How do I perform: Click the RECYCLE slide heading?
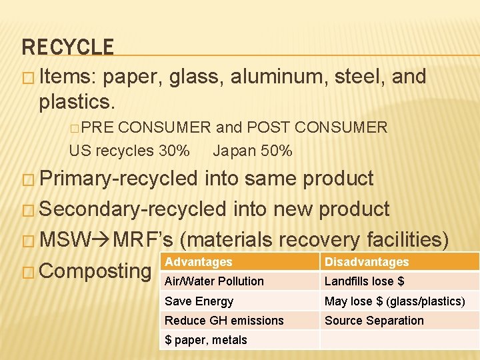point(68,47)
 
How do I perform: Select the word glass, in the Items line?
point(197,77)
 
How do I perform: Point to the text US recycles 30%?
point(129,151)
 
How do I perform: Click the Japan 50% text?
point(253,151)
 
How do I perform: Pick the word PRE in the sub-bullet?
point(100,127)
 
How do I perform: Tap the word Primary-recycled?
point(119,179)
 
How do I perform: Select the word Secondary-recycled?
point(133,209)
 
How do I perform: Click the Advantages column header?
point(199,262)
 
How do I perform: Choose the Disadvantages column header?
point(367,262)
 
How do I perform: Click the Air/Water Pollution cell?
point(214,281)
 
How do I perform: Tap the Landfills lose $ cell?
point(365,281)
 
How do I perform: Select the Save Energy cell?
point(199,301)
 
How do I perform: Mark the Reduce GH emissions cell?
point(224,321)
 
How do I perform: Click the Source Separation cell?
point(374,321)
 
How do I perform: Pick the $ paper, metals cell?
point(206,340)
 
